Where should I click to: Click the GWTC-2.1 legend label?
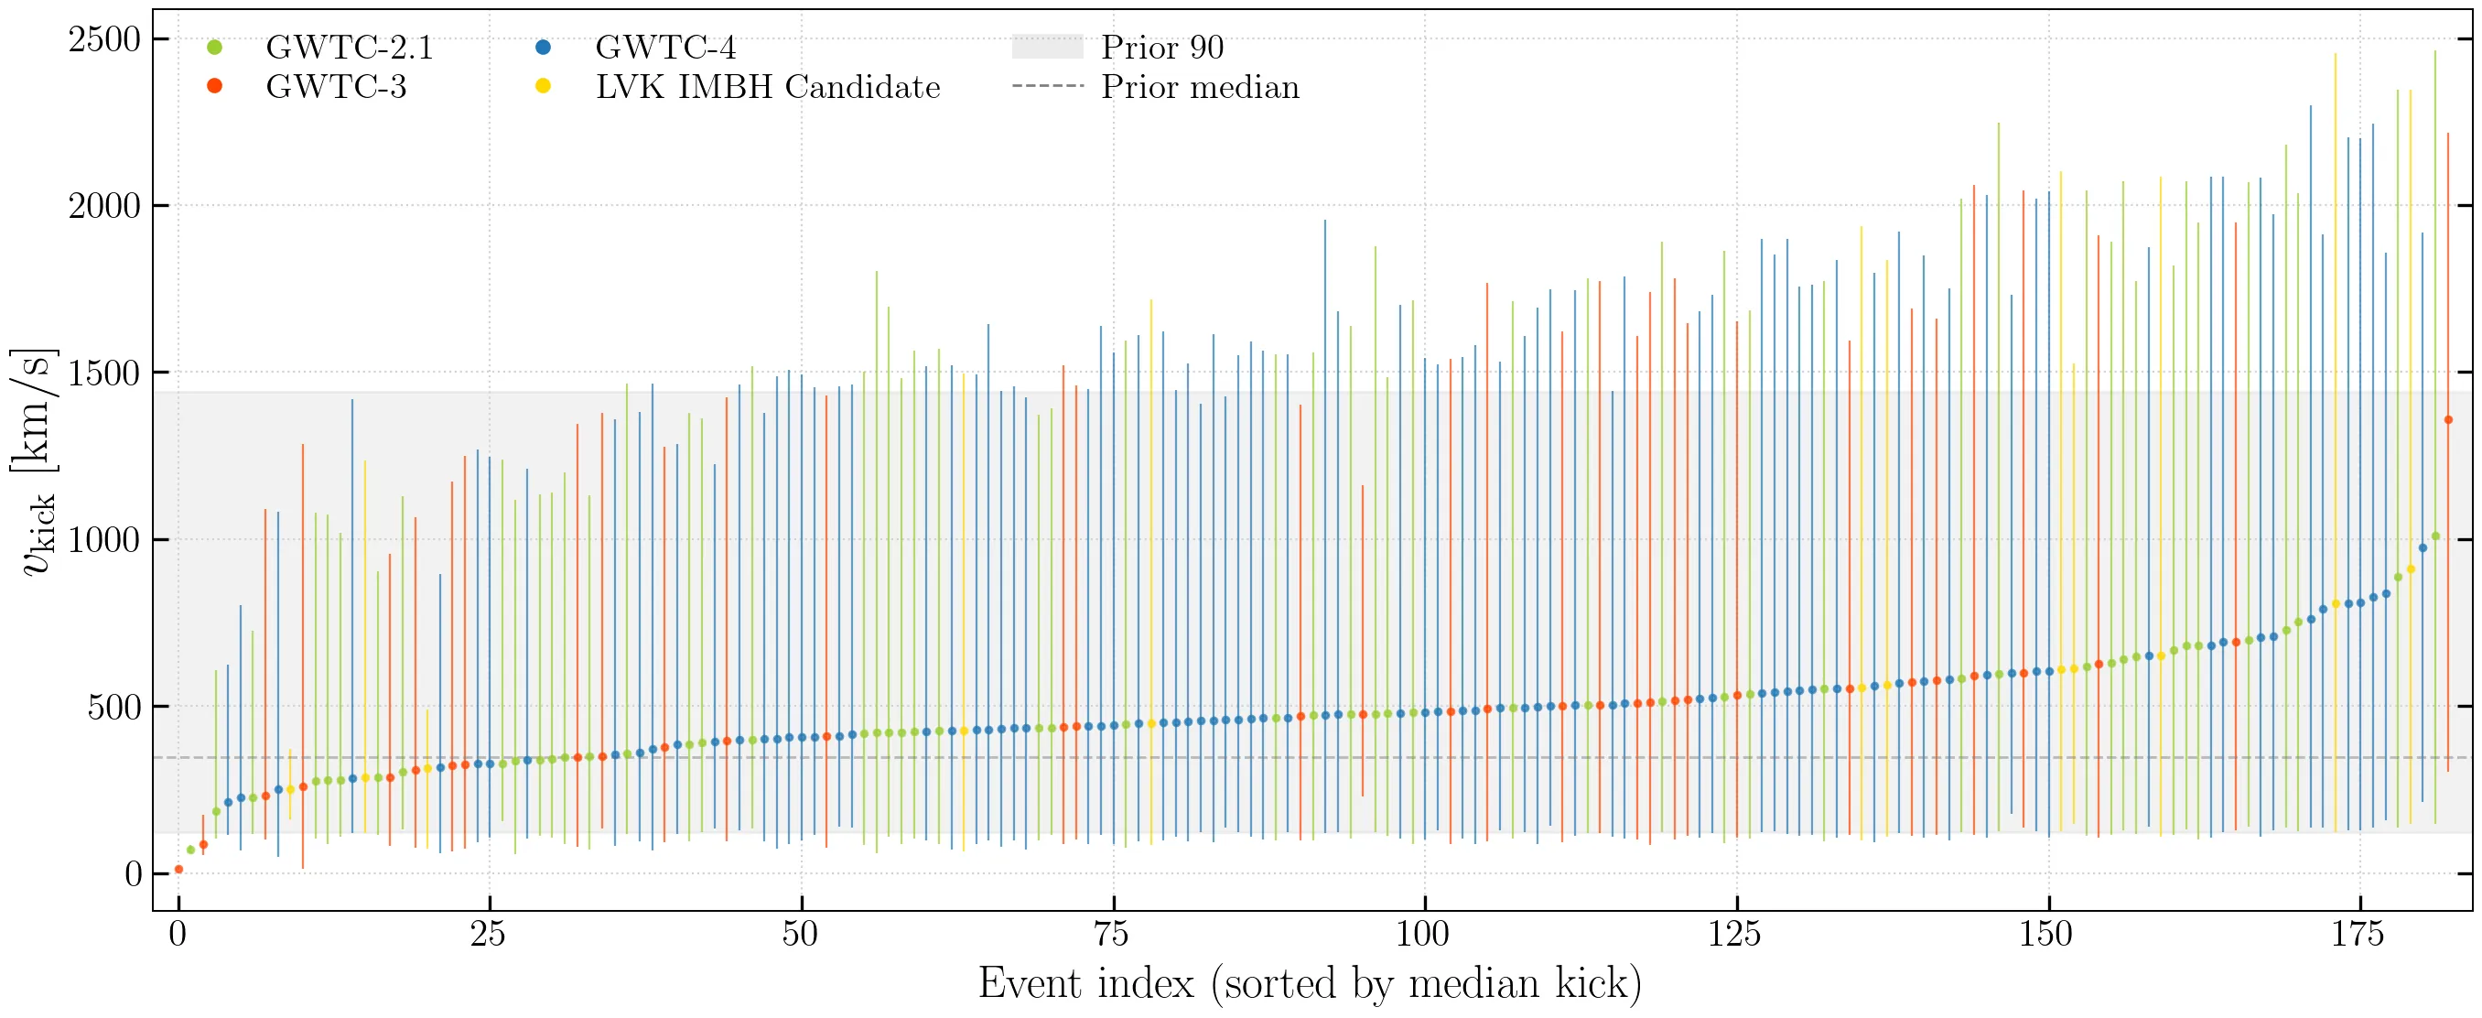[349, 48]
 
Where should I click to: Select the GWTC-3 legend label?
[335, 87]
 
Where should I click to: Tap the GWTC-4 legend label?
[664, 48]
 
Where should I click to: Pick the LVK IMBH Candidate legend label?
[767, 87]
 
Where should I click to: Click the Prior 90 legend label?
[1162, 48]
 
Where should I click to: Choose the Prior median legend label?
[1200, 87]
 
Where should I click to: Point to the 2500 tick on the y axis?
[104, 39]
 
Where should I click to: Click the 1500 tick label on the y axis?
[104, 374]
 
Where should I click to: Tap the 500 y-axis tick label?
[113, 708]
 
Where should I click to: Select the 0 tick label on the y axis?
[133, 874]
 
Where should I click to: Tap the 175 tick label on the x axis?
[2358, 934]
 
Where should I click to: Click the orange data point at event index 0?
[178, 870]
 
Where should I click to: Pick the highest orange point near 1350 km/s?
[2448, 419]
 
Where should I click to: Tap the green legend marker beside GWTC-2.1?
[215, 48]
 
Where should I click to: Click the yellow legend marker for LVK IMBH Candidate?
[544, 87]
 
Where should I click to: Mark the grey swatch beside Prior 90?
[1047, 48]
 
